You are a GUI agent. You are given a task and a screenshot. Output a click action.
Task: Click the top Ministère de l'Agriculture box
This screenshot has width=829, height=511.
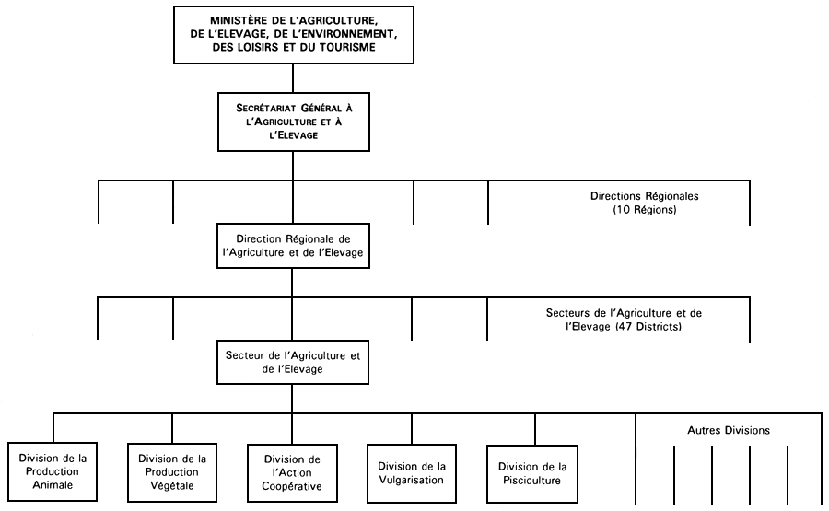pyautogui.click(x=292, y=34)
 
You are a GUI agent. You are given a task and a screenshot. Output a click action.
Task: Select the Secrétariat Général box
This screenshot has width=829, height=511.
pyautogui.click(x=292, y=121)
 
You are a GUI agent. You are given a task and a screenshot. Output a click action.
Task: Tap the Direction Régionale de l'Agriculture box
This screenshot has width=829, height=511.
pyautogui.click(x=292, y=245)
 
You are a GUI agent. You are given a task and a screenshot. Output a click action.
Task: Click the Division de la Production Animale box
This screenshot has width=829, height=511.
pyautogui.click(x=57, y=470)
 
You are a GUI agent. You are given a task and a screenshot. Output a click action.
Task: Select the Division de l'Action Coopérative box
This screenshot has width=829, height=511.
pyautogui.click(x=292, y=473)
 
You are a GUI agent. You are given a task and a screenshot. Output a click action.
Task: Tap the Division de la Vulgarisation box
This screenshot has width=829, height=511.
pyautogui.click(x=412, y=473)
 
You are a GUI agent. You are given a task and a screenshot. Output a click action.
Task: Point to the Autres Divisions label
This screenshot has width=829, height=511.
pyautogui.click(x=729, y=430)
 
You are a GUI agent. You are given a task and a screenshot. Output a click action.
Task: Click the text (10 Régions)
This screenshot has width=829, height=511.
pyautogui.click(x=645, y=210)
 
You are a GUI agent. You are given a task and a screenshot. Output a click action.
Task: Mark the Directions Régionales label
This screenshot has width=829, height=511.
pyautogui.click(x=645, y=196)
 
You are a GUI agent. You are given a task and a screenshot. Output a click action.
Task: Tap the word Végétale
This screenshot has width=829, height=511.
pyautogui.click(x=172, y=486)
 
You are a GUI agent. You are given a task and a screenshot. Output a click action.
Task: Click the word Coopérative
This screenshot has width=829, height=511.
pyautogui.click(x=292, y=486)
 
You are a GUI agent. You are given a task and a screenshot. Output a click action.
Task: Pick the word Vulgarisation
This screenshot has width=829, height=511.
pyautogui.click(x=412, y=480)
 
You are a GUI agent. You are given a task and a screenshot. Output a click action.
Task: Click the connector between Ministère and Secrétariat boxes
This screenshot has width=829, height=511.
pyautogui.click(x=292, y=77)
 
